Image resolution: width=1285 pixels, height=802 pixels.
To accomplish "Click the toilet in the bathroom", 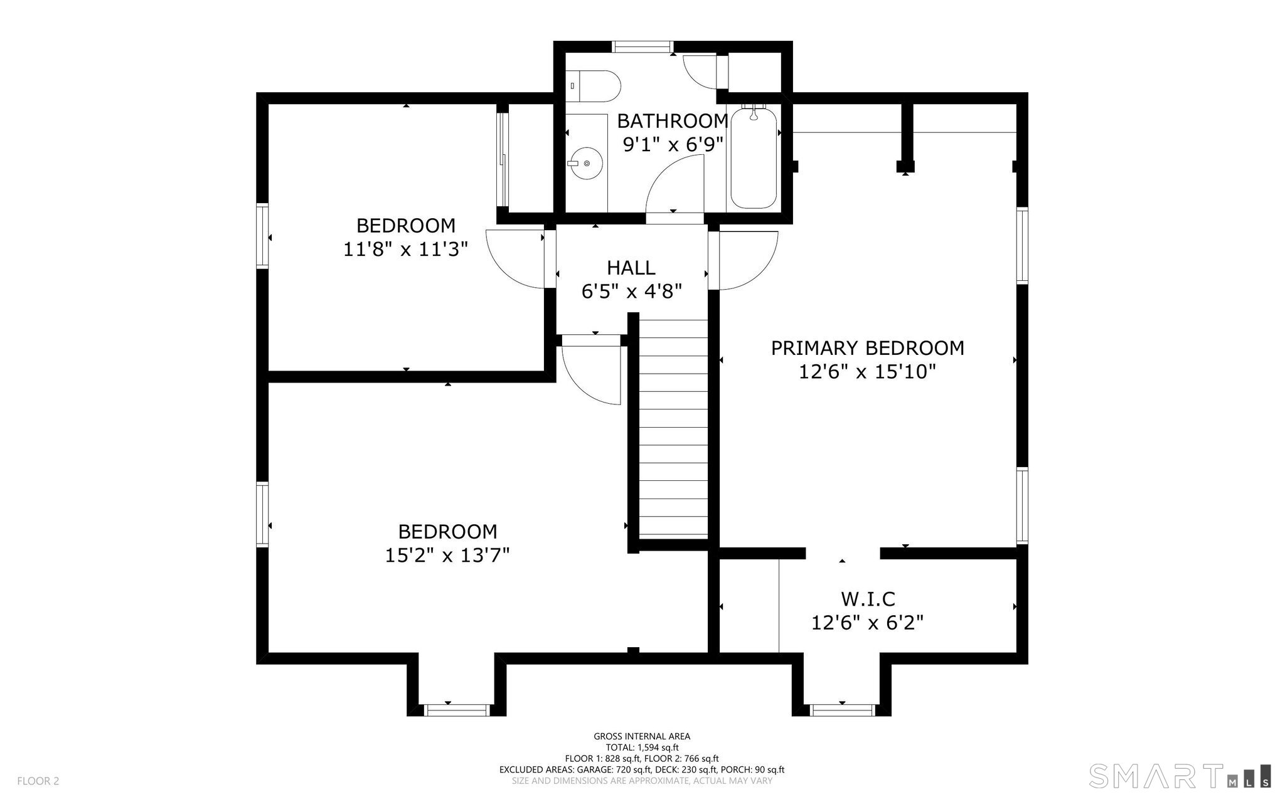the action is [593, 85].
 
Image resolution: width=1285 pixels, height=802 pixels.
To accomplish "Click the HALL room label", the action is [631, 268].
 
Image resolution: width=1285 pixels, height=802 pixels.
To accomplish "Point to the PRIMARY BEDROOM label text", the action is [867, 348].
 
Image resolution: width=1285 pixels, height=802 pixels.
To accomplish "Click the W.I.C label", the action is [868, 599].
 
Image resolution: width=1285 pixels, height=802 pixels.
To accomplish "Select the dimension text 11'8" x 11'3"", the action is [406, 250].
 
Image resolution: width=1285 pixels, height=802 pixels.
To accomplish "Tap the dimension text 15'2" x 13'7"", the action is [447, 555].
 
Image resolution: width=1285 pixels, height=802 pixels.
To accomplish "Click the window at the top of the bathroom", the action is [642, 46].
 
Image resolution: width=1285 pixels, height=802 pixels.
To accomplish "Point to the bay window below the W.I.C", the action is [841, 710].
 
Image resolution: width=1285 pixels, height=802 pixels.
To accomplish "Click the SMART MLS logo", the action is [1180, 775].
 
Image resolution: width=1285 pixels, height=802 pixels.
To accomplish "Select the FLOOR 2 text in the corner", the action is [38, 781].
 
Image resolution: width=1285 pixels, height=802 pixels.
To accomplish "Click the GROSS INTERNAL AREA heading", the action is [642, 736].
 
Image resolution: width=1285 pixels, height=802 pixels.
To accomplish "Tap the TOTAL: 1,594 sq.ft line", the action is [642, 747].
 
